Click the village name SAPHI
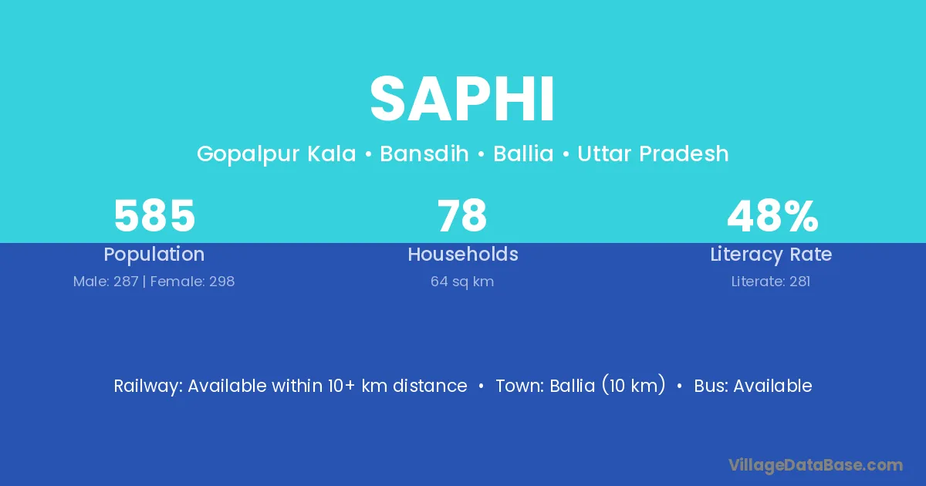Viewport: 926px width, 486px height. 462,99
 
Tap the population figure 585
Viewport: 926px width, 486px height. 154,216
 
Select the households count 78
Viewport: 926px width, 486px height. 462,216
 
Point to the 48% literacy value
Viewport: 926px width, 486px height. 772,216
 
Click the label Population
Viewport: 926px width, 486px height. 154,255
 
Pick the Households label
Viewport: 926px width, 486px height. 463,254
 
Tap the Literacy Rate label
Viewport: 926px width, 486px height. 771,255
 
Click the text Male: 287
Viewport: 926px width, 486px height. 106,282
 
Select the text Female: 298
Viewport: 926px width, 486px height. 192,282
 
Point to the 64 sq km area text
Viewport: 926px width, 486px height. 462,282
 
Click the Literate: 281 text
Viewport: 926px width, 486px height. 771,282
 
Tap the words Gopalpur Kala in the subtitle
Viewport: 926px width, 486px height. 276,154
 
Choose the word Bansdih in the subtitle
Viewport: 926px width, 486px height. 424,154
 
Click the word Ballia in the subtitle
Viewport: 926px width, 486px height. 523,154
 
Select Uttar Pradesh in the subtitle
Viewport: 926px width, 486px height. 653,154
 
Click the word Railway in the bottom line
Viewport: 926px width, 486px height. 147,386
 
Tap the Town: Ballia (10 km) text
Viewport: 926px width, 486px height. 581,386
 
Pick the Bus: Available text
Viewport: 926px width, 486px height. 753,386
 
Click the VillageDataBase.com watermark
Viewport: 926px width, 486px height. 816,465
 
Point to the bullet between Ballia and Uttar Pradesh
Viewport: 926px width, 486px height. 566,154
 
